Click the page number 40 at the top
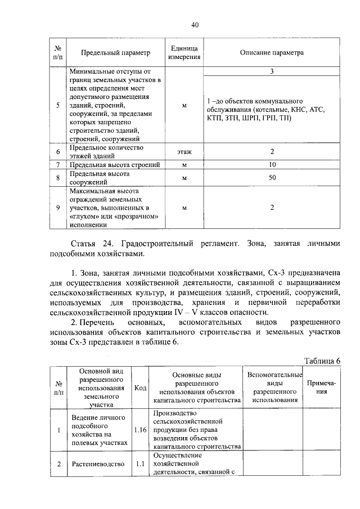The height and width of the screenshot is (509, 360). pyautogui.click(x=195, y=25)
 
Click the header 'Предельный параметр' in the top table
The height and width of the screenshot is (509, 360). pyautogui.click(x=115, y=53)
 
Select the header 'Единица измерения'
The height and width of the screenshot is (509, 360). pyautogui.click(x=184, y=53)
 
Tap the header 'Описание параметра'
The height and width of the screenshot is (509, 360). pyautogui.click(x=272, y=53)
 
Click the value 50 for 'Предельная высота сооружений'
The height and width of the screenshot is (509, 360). pyautogui.click(x=272, y=178)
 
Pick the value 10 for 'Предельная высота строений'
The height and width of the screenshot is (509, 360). pyautogui.click(x=272, y=165)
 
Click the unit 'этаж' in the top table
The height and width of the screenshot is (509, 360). pyautogui.click(x=184, y=152)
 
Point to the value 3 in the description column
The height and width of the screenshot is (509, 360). pyautogui.click(x=272, y=72)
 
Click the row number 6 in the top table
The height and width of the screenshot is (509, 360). pyautogui.click(x=58, y=152)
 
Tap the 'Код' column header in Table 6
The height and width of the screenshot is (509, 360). pyautogui.click(x=140, y=388)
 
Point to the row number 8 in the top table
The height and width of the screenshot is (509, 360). pyautogui.click(x=58, y=178)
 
